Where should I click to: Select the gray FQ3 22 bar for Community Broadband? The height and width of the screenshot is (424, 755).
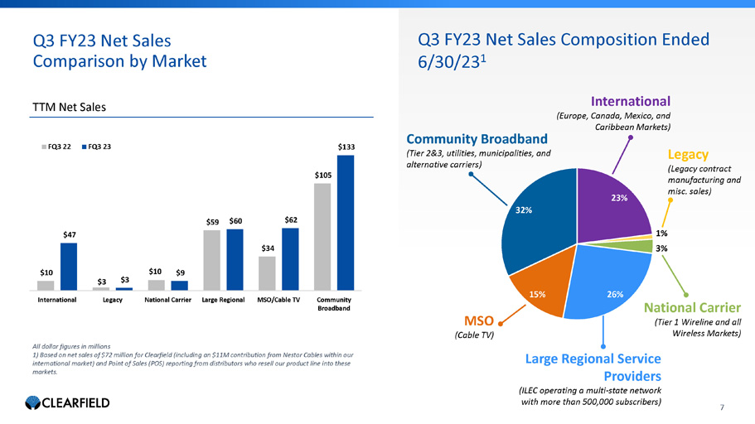point(322,237)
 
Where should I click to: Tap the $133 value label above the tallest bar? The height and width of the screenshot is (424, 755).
point(346,147)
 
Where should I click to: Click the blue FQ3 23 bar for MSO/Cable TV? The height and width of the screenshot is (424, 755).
point(290,259)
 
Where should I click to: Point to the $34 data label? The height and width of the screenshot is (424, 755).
point(267,248)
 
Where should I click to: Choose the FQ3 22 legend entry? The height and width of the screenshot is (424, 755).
point(59,147)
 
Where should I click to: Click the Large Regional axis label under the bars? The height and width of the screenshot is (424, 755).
point(224,299)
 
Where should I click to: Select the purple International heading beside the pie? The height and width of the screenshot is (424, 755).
point(630,102)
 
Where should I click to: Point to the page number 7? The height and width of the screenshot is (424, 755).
point(723,407)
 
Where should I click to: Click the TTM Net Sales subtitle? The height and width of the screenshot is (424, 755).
point(70,107)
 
